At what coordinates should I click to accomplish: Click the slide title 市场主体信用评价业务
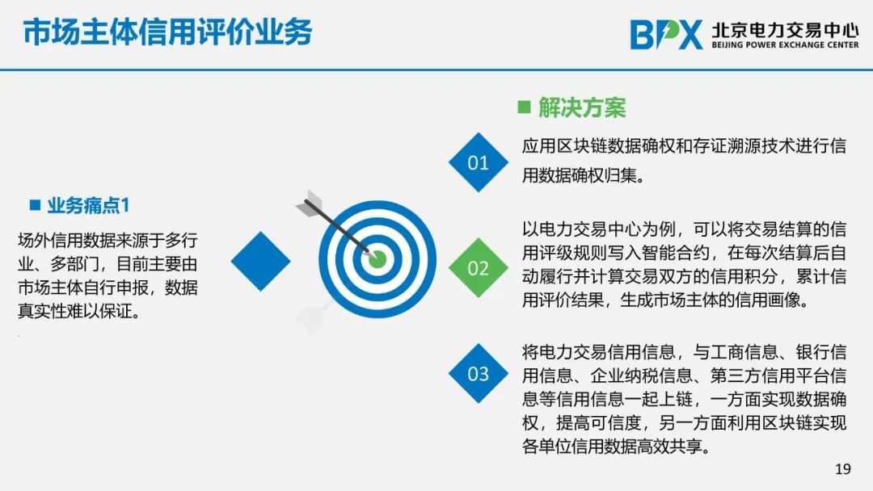point(167,31)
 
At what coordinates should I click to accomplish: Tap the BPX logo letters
point(666,35)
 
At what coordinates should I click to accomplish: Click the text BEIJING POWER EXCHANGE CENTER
point(785,45)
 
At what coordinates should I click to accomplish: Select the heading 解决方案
point(582,107)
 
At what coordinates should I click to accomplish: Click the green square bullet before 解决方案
point(524,107)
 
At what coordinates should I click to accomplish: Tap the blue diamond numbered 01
point(479,162)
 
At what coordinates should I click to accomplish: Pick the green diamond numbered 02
point(479,268)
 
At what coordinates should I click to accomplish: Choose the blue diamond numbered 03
point(479,374)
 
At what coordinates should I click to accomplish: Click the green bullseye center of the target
point(377,259)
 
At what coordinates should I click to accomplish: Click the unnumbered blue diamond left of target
point(260,262)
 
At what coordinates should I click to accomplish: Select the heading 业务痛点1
point(88,206)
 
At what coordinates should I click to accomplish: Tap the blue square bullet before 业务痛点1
point(35,205)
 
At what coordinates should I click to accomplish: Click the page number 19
point(843,468)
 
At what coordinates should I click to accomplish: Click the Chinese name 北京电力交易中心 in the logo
point(785,30)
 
